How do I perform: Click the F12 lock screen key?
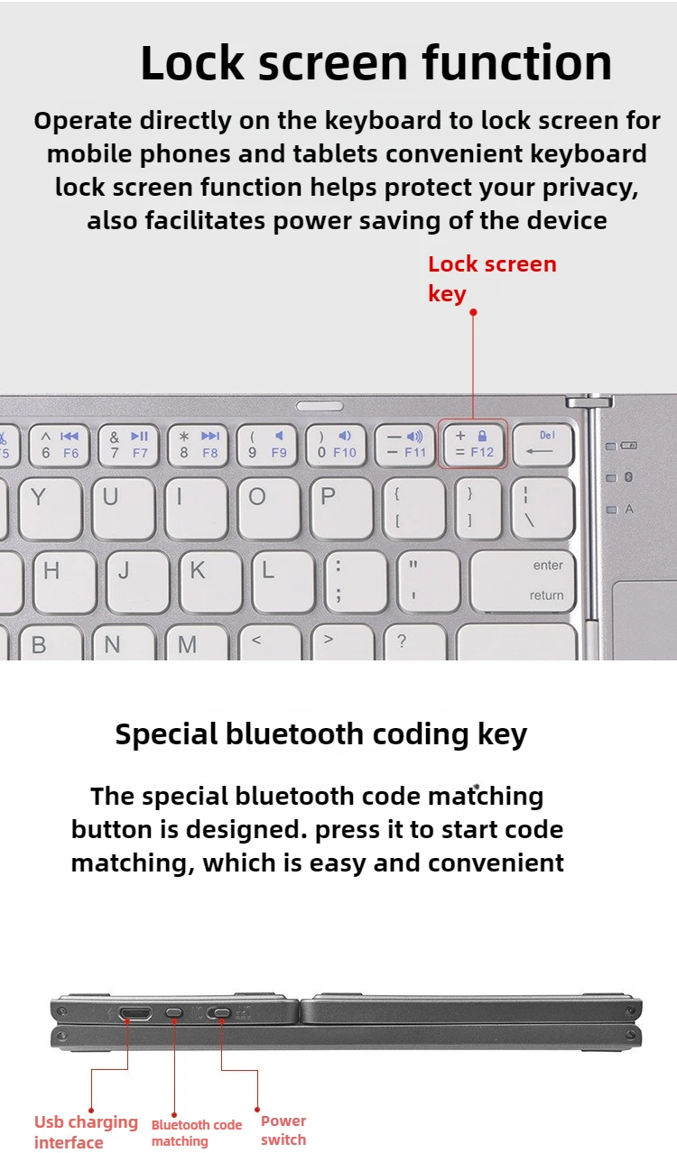coord(473,444)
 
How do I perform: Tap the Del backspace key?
coord(543,444)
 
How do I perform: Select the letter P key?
coord(342,508)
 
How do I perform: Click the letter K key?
coord(211,582)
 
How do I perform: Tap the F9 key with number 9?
coord(266,444)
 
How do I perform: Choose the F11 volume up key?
coord(404,444)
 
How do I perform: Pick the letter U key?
coord(124,508)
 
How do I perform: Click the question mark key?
coord(415,641)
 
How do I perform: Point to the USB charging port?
coord(135,1014)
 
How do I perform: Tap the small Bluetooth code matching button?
coord(174,1013)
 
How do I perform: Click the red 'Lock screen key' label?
coord(492,279)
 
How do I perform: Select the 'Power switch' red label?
coord(283,1130)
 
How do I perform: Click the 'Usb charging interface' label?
coord(86,1131)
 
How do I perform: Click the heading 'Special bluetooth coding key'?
coord(321,734)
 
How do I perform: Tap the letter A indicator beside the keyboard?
coord(628,509)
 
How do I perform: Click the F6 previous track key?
coord(60,444)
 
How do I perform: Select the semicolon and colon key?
coord(357,582)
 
